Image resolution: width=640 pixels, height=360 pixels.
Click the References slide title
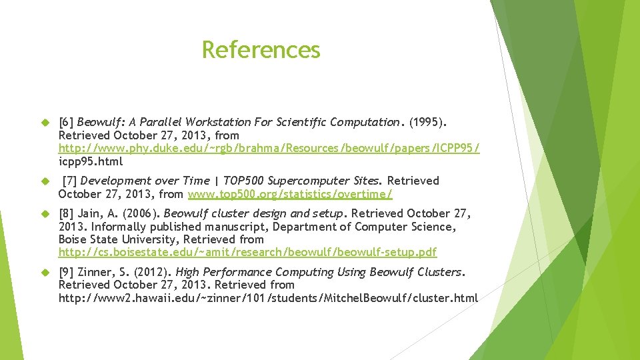pyautogui.click(x=261, y=50)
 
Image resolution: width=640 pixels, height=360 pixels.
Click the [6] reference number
pyautogui.click(x=66, y=122)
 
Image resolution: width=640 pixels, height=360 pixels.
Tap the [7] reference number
pyautogui.click(x=69, y=181)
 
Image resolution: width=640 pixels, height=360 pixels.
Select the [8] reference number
pyautogui.click(x=66, y=213)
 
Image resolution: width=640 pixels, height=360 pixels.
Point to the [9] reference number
pyautogui.click(x=66, y=272)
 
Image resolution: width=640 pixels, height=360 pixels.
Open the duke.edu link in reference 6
pyautogui.click(x=269, y=148)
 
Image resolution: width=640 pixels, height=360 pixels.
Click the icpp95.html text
pyautogui.click(x=91, y=161)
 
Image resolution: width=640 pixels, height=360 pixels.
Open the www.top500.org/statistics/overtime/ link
pyautogui.click(x=290, y=194)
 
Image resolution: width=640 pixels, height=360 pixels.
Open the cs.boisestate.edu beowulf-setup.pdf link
pyautogui.click(x=247, y=253)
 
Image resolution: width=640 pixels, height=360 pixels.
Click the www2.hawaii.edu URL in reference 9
pyautogui.click(x=268, y=298)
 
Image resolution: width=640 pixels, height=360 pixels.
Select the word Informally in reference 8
pyautogui.click(x=119, y=227)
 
